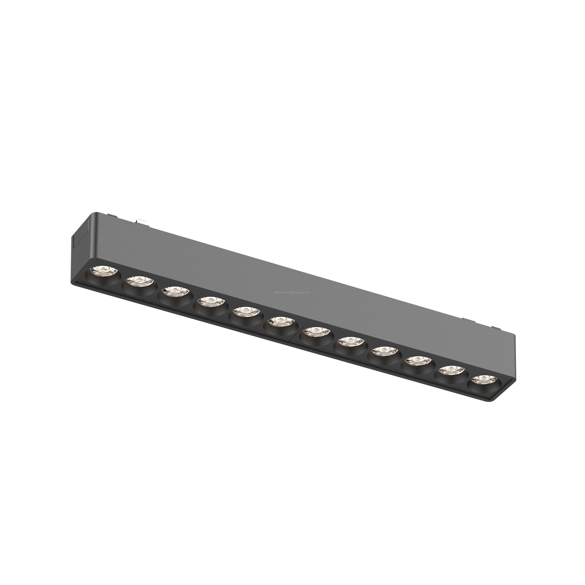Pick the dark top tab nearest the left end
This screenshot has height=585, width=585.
click(x=113, y=216)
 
